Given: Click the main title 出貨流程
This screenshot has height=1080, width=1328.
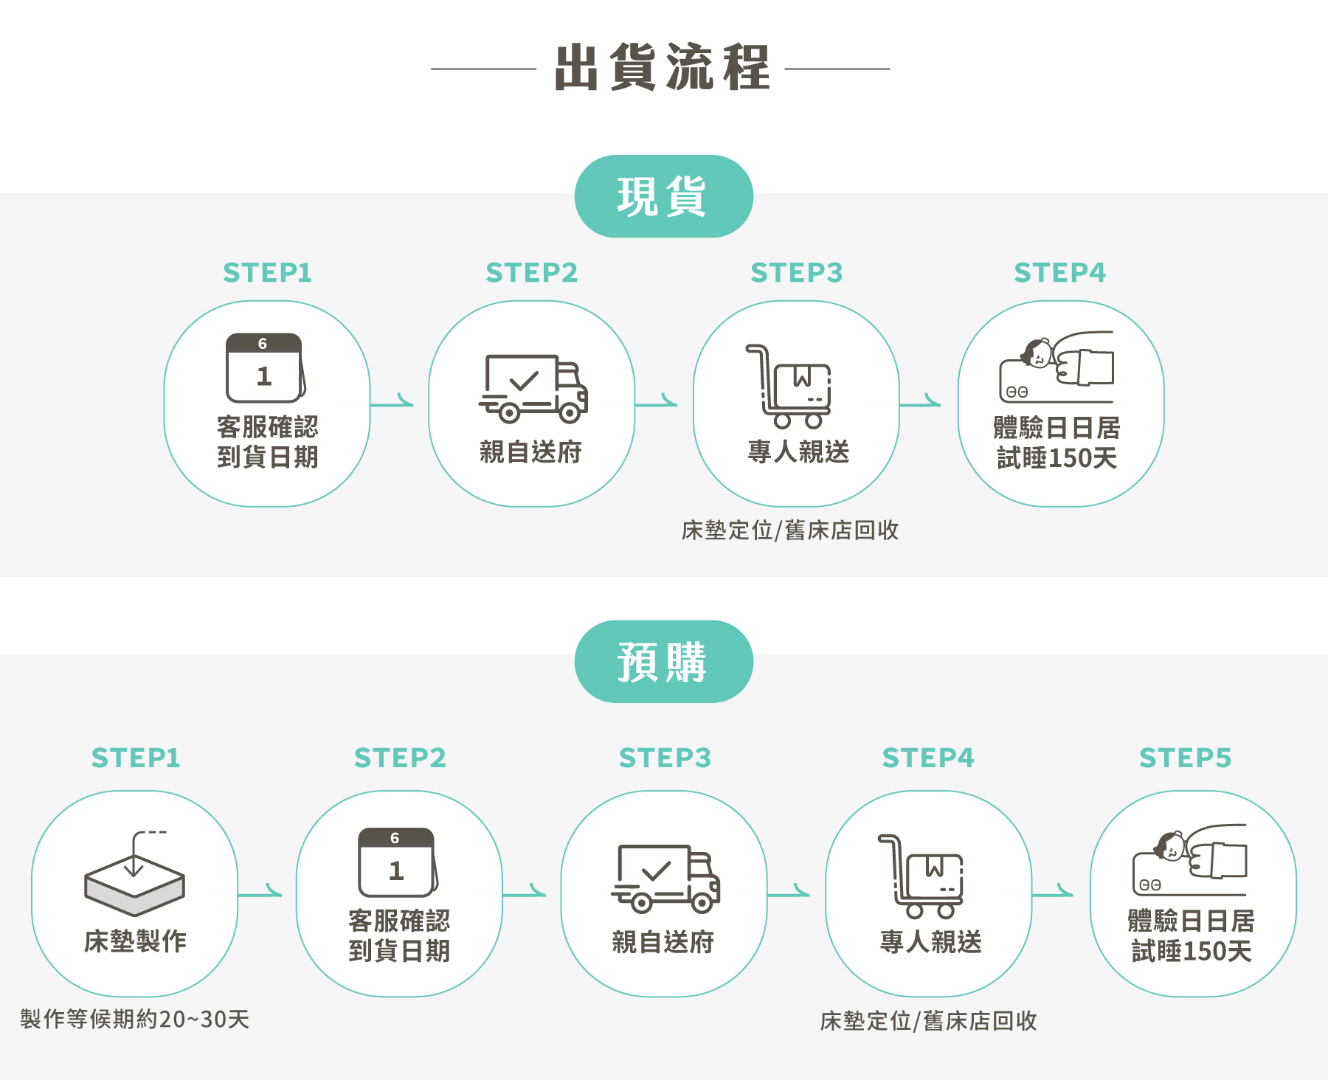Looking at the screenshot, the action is tap(662, 68).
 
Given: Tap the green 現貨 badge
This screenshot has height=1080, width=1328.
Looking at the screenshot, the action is tap(663, 196).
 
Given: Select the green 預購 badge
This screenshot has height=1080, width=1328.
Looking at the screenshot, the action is tap(663, 662).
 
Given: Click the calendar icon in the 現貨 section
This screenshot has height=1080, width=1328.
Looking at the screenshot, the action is tap(265, 367).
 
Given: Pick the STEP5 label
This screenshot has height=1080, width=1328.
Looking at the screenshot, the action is tap(1185, 758).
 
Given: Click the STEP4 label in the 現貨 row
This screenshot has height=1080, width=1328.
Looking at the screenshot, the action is tap(1059, 273).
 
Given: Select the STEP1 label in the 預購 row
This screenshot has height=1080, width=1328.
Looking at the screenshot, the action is tap(136, 758).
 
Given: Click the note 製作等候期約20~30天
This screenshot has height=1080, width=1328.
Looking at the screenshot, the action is tap(135, 1019).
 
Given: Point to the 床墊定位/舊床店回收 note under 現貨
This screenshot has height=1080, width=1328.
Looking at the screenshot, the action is tap(790, 530).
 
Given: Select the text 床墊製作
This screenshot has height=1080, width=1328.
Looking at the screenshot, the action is tap(135, 941).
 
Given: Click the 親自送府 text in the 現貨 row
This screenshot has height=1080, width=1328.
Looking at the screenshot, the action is tap(530, 451).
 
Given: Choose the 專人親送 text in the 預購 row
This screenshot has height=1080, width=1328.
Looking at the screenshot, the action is tap(930, 942).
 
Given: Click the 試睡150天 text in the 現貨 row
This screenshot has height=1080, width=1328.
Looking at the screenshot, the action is tap(1056, 458).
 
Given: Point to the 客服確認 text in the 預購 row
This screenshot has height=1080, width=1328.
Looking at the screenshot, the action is tap(398, 921).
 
